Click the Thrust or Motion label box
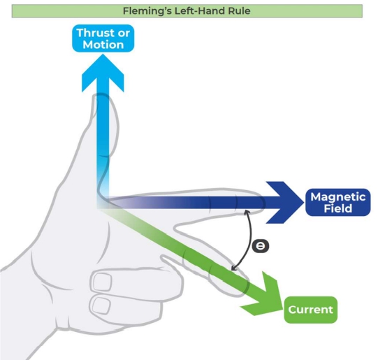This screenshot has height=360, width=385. [103, 38]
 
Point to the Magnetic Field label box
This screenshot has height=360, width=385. [338, 202]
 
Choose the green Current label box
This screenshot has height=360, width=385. [311, 310]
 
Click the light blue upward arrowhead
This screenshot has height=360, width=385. [103, 73]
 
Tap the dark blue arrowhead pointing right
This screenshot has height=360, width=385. [285, 202]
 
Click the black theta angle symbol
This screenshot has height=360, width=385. [261, 246]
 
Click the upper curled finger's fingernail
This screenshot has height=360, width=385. [102, 282]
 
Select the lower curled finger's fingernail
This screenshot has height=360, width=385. [101, 305]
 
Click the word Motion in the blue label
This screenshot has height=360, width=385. [103, 45]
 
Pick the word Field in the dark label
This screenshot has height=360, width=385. [338, 208]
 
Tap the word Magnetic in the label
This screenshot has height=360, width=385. [338, 197]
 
